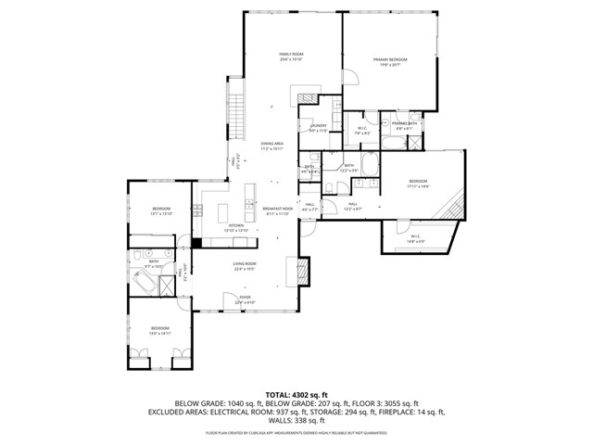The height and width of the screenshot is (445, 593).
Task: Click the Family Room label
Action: click(292, 57)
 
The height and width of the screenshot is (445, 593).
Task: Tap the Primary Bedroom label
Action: click(390, 61)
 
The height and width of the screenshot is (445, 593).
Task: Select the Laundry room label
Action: click(318, 128)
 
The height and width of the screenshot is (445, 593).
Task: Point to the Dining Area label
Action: click(271, 146)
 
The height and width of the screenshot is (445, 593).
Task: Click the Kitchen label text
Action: click(236, 227)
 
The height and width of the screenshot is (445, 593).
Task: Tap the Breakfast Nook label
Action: click(277, 210)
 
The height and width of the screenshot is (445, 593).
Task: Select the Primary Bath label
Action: click(405, 125)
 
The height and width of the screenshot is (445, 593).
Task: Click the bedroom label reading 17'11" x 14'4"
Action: click(418, 184)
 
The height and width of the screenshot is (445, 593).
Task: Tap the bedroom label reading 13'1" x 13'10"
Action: click(161, 211)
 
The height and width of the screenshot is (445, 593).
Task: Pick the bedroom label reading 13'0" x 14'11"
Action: click(160, 329)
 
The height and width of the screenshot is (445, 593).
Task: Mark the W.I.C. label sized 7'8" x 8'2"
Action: click(363, 131)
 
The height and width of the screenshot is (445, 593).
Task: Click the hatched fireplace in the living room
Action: click(301, 270)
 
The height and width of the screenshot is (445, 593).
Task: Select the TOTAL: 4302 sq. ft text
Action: click(296, 393)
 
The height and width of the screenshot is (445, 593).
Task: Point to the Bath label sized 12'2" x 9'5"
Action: click(349, 169)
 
